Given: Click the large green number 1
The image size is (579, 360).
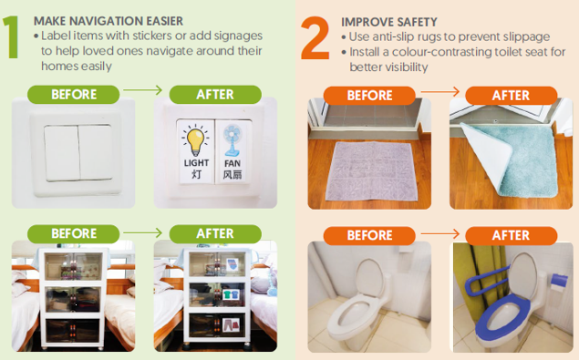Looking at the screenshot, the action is point(11,37).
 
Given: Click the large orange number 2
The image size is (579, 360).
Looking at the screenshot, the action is point(315,38).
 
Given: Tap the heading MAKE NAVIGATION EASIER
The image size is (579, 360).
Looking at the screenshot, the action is point(109,21).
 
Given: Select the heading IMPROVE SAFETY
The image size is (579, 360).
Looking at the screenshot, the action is point(389,22).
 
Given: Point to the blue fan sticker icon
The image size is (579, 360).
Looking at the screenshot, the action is point(233,140).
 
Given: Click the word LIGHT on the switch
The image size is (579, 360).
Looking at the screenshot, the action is point(196,163).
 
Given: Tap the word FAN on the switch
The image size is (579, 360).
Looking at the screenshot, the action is point(233,163).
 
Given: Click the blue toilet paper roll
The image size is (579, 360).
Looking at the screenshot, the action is point(559,282).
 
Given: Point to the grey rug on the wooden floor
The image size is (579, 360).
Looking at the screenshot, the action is point(371,171).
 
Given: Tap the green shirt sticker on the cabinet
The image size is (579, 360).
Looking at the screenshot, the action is point(231,294).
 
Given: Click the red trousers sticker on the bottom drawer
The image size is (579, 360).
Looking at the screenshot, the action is point(231,325).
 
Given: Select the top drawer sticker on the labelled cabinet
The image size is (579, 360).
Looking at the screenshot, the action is point(232,264).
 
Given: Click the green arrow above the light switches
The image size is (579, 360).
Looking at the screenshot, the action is point(142,89).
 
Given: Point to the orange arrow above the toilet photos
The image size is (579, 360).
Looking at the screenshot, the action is point(440,233).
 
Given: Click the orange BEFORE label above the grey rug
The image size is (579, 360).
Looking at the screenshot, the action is point(369,96).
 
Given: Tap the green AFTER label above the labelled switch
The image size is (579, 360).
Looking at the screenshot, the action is point(215,95).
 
